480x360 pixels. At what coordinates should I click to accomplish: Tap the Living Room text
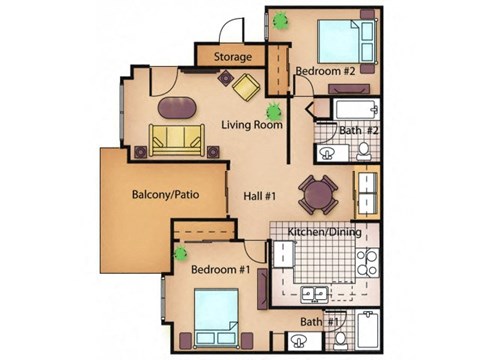[251, 126]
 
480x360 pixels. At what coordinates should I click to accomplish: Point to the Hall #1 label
[260, 197]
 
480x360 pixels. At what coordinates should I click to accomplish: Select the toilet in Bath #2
[365, 151]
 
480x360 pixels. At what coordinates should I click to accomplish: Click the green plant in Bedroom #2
[283, 19]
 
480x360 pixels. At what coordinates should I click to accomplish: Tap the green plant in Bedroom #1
[181, 254]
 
